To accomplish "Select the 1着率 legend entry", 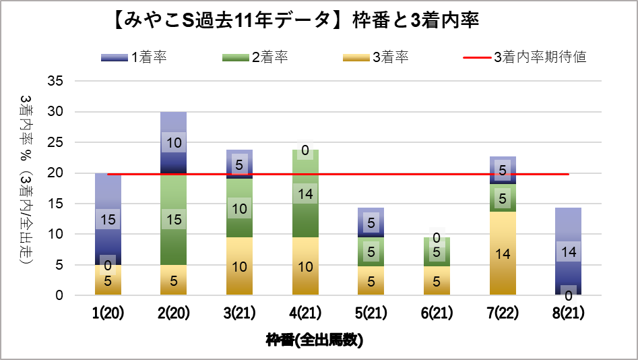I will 134,57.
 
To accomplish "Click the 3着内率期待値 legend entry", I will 525,57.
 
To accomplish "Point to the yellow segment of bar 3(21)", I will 239,266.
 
